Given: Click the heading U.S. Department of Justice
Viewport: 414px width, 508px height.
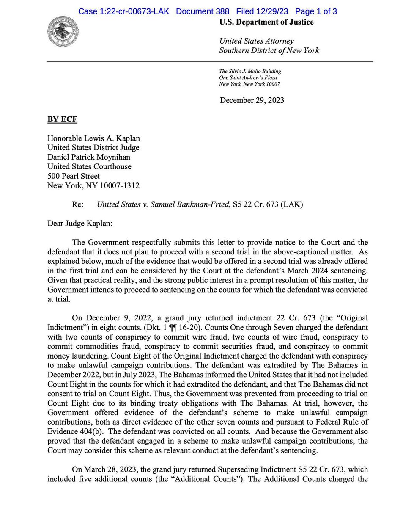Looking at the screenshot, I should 266,22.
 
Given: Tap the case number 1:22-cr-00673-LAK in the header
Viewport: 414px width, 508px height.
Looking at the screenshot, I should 123,11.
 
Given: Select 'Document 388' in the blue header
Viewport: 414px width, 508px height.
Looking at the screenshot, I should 203,11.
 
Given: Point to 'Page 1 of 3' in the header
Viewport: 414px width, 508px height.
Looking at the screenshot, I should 316,11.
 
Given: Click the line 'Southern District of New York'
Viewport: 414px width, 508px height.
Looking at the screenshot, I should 269,51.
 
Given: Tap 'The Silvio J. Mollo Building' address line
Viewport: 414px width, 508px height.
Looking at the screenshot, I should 250,72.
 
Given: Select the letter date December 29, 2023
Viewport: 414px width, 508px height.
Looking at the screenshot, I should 252,100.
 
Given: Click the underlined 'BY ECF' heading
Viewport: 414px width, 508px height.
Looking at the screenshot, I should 62,120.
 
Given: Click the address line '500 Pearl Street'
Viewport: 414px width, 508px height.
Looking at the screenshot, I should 74,176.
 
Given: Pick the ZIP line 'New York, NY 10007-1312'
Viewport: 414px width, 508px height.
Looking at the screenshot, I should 93,185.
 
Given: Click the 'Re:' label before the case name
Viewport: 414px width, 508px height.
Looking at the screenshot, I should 78,204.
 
